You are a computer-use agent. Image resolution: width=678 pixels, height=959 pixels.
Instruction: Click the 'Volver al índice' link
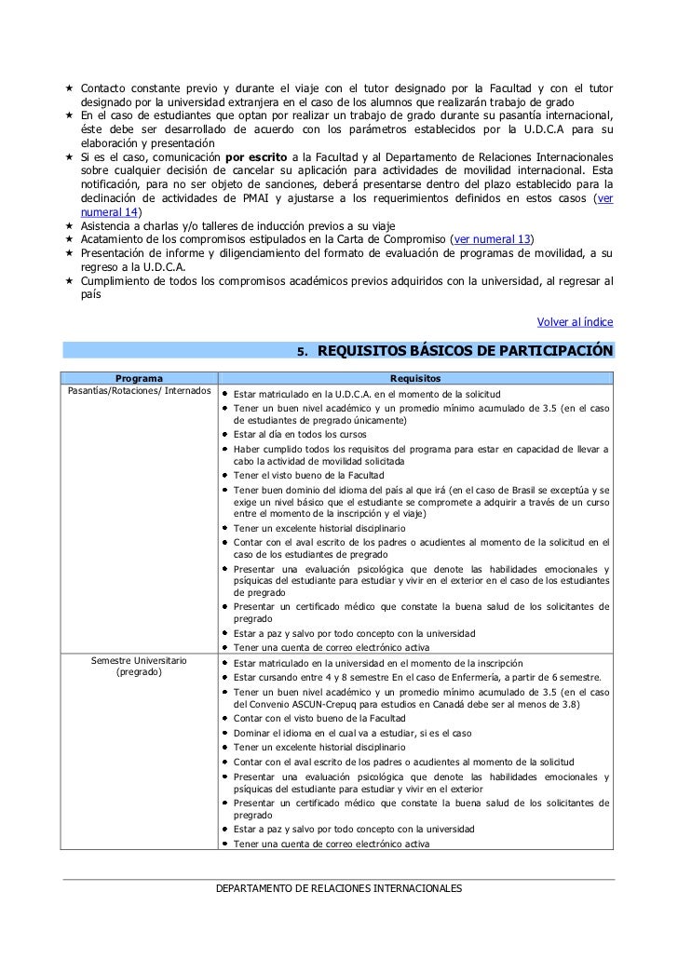coord(576,322)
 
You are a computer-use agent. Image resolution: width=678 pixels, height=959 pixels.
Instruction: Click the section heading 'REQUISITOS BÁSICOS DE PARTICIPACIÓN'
coord(465,351)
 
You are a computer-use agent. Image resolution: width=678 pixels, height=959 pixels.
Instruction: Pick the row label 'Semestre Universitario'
coord(139,660)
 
